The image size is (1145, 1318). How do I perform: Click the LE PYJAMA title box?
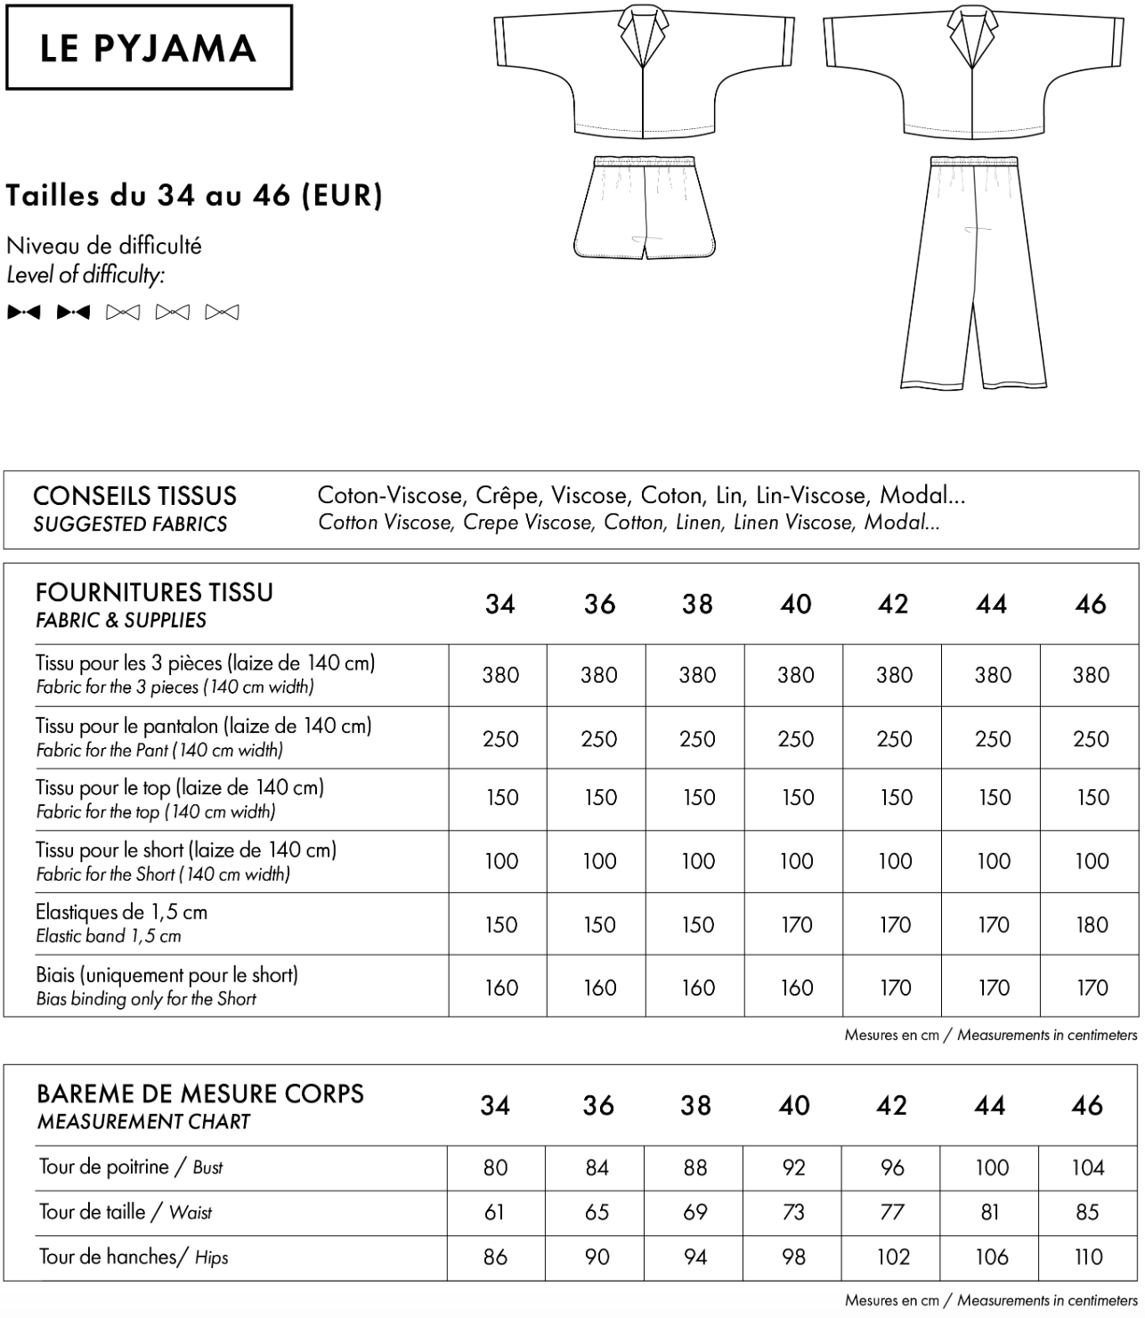coord(149,47)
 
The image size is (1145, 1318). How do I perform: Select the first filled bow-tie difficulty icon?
coord(23,313)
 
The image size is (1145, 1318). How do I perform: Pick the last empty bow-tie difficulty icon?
coord(222,313)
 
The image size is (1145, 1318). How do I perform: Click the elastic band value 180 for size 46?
coord(1091,924)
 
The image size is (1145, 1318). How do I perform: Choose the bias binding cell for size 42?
coord(894,987)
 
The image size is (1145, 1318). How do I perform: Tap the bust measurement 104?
coord(1087,1167)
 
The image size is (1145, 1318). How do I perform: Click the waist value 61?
coord(495,1212)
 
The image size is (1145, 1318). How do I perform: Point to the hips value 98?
coord(793,1257)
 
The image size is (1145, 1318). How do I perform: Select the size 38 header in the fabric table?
coord(697,605)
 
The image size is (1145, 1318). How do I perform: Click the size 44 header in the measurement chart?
coord(989,1106)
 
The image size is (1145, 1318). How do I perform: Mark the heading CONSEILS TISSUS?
coord(134,496)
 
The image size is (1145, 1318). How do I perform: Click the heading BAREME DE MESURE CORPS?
coord(200,1094)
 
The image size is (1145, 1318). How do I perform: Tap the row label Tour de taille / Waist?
coord(125,1212)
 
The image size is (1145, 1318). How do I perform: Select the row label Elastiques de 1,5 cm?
coord(121,912)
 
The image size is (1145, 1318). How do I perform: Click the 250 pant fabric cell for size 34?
coord(500,738)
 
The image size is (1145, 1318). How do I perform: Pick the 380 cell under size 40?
coord(795,675)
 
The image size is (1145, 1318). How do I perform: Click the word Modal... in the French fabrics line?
coord(922,495)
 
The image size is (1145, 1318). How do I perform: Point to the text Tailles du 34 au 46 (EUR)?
coord(194,195)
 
